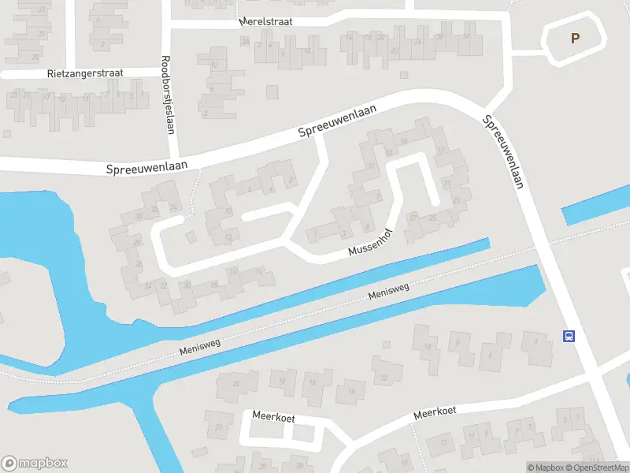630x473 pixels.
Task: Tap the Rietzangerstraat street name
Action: point(87,73)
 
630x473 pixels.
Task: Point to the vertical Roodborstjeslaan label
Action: point(167,94)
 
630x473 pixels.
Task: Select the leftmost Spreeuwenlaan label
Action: point(137,165)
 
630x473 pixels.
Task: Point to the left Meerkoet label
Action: point(273,416)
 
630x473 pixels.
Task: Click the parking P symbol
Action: point(575,37)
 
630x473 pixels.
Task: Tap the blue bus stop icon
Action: point(569,336)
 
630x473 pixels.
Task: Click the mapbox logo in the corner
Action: point(35,464)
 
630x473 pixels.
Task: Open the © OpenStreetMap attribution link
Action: point(597,467)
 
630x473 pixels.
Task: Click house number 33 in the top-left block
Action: point(42,9)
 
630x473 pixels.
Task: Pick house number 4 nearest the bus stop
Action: point(536,341)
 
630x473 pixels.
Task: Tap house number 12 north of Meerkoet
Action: point(384,378)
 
